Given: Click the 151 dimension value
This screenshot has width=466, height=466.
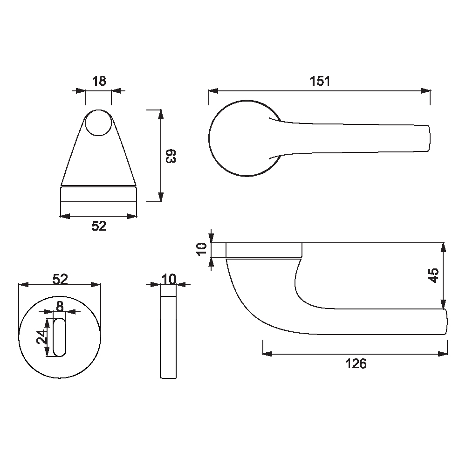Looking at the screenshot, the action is tap(320, 81).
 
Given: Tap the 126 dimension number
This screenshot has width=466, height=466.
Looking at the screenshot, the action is tap(356, 364).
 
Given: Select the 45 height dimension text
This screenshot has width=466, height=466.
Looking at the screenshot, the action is tap(433, 275).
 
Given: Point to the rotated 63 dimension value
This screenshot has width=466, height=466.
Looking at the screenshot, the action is tap(171, 156).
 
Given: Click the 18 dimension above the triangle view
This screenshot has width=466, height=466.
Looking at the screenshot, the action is tap(99, 81).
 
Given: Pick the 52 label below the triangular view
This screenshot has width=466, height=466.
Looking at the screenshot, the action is tap(99, 226).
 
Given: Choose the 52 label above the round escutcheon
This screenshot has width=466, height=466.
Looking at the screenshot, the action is tap(60, 279).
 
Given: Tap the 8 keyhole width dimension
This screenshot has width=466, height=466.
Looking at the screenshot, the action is tap(60, 307).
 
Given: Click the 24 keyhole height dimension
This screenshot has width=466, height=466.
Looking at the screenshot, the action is tap(41, 337).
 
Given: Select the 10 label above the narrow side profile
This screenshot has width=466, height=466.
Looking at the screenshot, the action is tap(169, 279).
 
